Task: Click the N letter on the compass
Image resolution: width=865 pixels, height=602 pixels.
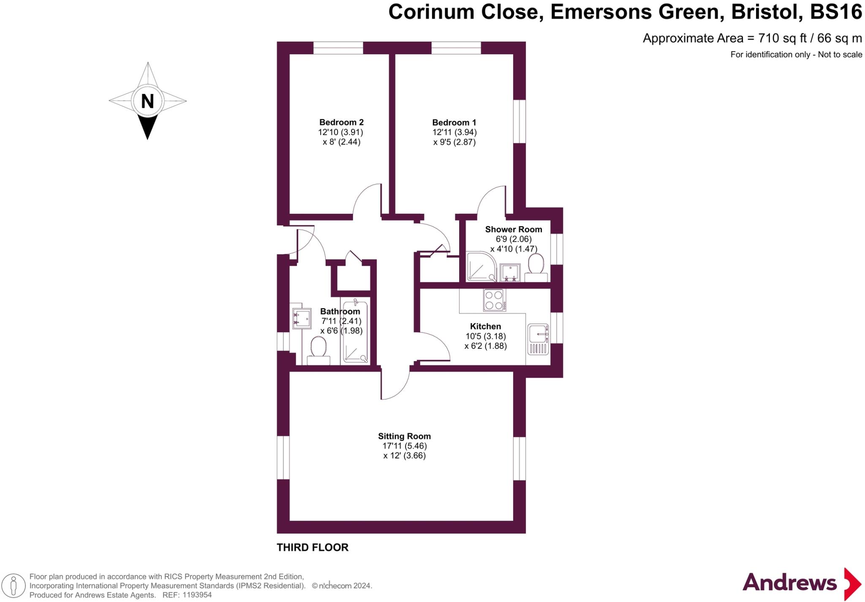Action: click(x=147, y=101)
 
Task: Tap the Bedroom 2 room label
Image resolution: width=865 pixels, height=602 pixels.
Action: click(x=341, y=122)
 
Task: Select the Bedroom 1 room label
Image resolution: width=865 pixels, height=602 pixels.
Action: click(x=454, y=122)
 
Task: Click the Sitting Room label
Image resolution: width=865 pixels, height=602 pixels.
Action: click(x=404, y=436)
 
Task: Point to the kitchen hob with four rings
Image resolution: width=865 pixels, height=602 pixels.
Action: click(x=494, y=300)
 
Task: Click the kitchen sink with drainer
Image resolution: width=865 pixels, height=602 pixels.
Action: click(x=538, y=339)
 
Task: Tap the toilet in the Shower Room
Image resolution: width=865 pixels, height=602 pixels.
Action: click(x=536, y=267)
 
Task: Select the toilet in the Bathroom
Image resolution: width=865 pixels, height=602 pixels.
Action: click(x=318, y=351)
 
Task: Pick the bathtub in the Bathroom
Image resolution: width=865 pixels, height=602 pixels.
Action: click(x=355, y=331)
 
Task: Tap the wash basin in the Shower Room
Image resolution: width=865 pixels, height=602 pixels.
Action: click(x=510, y=273)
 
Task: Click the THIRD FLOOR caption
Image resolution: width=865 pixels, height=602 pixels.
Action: click(x=312, y=548)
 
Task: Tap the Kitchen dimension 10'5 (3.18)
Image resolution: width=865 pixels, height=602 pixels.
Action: click(x=485, y=336)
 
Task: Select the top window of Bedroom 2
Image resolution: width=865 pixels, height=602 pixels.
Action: click(x=338, y=48)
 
